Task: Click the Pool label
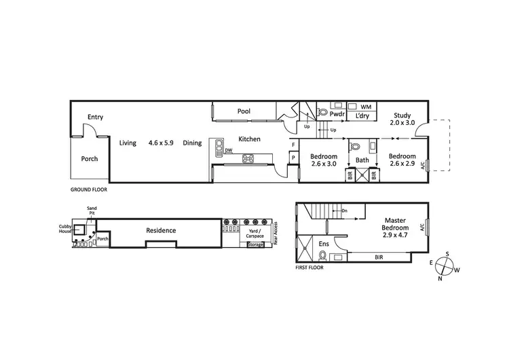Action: (244, 111)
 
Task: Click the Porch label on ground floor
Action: (90, 159)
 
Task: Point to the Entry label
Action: (94, 118)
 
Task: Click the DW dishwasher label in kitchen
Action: (229, 150)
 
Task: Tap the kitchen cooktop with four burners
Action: (248, 160)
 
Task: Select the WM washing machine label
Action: (365, 107)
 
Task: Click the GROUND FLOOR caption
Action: (88, 190)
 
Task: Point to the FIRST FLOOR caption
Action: (309, 268)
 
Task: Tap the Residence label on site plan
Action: (161, 230)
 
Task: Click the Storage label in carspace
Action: (255, 244)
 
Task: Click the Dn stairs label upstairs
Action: (345, 211)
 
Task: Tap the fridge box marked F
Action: (293, 145)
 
